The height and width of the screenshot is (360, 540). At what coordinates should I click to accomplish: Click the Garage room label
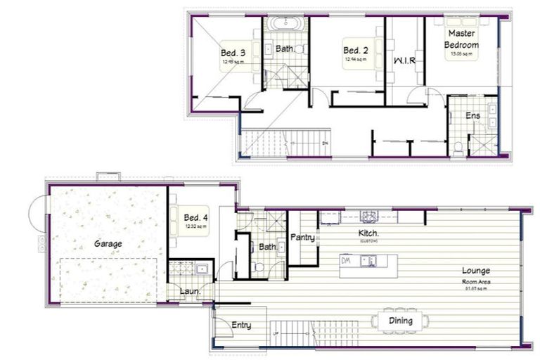tap(108, 244)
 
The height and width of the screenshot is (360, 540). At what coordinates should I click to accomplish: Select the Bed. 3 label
tap(233, 53)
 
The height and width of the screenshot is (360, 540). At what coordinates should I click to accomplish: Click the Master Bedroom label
tap(462, 39)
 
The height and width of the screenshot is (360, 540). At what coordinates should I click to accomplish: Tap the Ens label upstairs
tap(473, 115)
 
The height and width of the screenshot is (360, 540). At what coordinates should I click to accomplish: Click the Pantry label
tap(302, 238)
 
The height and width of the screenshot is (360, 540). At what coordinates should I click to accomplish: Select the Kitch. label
tap(368, 233)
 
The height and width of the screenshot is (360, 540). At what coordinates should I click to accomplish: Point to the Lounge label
tap(476, 270)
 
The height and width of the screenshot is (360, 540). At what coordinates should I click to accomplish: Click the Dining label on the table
tap(400, 321)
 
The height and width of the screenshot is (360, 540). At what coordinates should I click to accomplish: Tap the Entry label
tap(241, 325)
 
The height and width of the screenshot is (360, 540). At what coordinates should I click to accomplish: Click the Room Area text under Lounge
tap(476, 281)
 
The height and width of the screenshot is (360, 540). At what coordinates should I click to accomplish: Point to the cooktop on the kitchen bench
tap(369, 216)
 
